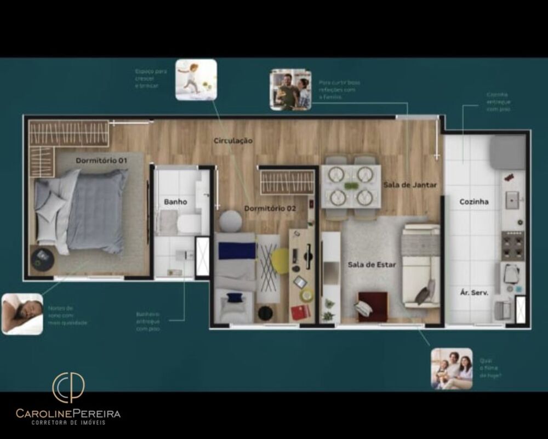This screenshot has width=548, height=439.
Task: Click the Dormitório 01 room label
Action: (x=101, y=161)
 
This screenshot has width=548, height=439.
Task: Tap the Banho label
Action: (x=175, y=202)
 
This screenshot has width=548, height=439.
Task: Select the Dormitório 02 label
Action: (x=270, y=208)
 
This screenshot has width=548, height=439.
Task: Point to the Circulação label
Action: (x=233, y=141)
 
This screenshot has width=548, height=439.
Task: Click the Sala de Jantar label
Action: (x=410, y=185)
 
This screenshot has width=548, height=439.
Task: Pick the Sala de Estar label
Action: (x=372, y=265)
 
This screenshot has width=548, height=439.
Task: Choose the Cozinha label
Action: (x=474, y=202)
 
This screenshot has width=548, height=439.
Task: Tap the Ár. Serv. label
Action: (x=473, y=292)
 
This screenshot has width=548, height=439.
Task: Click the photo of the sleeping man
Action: (x=22, y=313)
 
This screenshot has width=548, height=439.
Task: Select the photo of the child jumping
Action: (x=196, y=79)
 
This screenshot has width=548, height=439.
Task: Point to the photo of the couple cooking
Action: (x=290, y=89)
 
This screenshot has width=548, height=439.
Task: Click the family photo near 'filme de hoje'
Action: (x=452, y=368)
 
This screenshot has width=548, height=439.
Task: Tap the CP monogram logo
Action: (x=68, y=387)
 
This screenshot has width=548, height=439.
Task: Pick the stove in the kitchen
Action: (x=512, y=244)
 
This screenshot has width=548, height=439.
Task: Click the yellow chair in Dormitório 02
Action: (x=280, y=261)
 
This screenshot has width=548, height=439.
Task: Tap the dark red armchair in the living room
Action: (x=372, y=305)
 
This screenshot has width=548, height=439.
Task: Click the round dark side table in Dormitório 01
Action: (x=42, y=259)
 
